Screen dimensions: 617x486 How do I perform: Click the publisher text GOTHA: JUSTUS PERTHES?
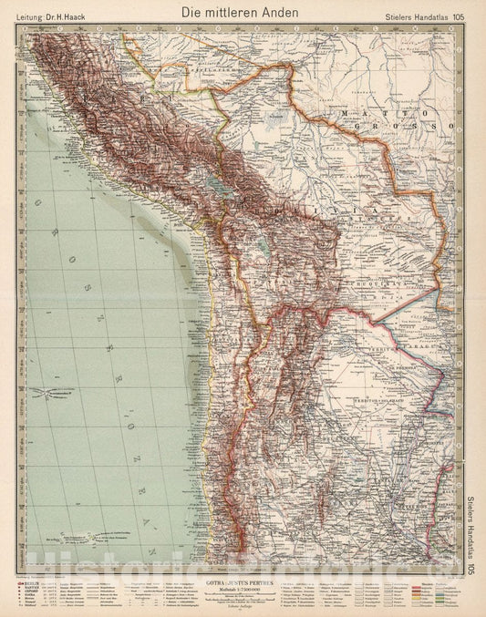tap(242, 579)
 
